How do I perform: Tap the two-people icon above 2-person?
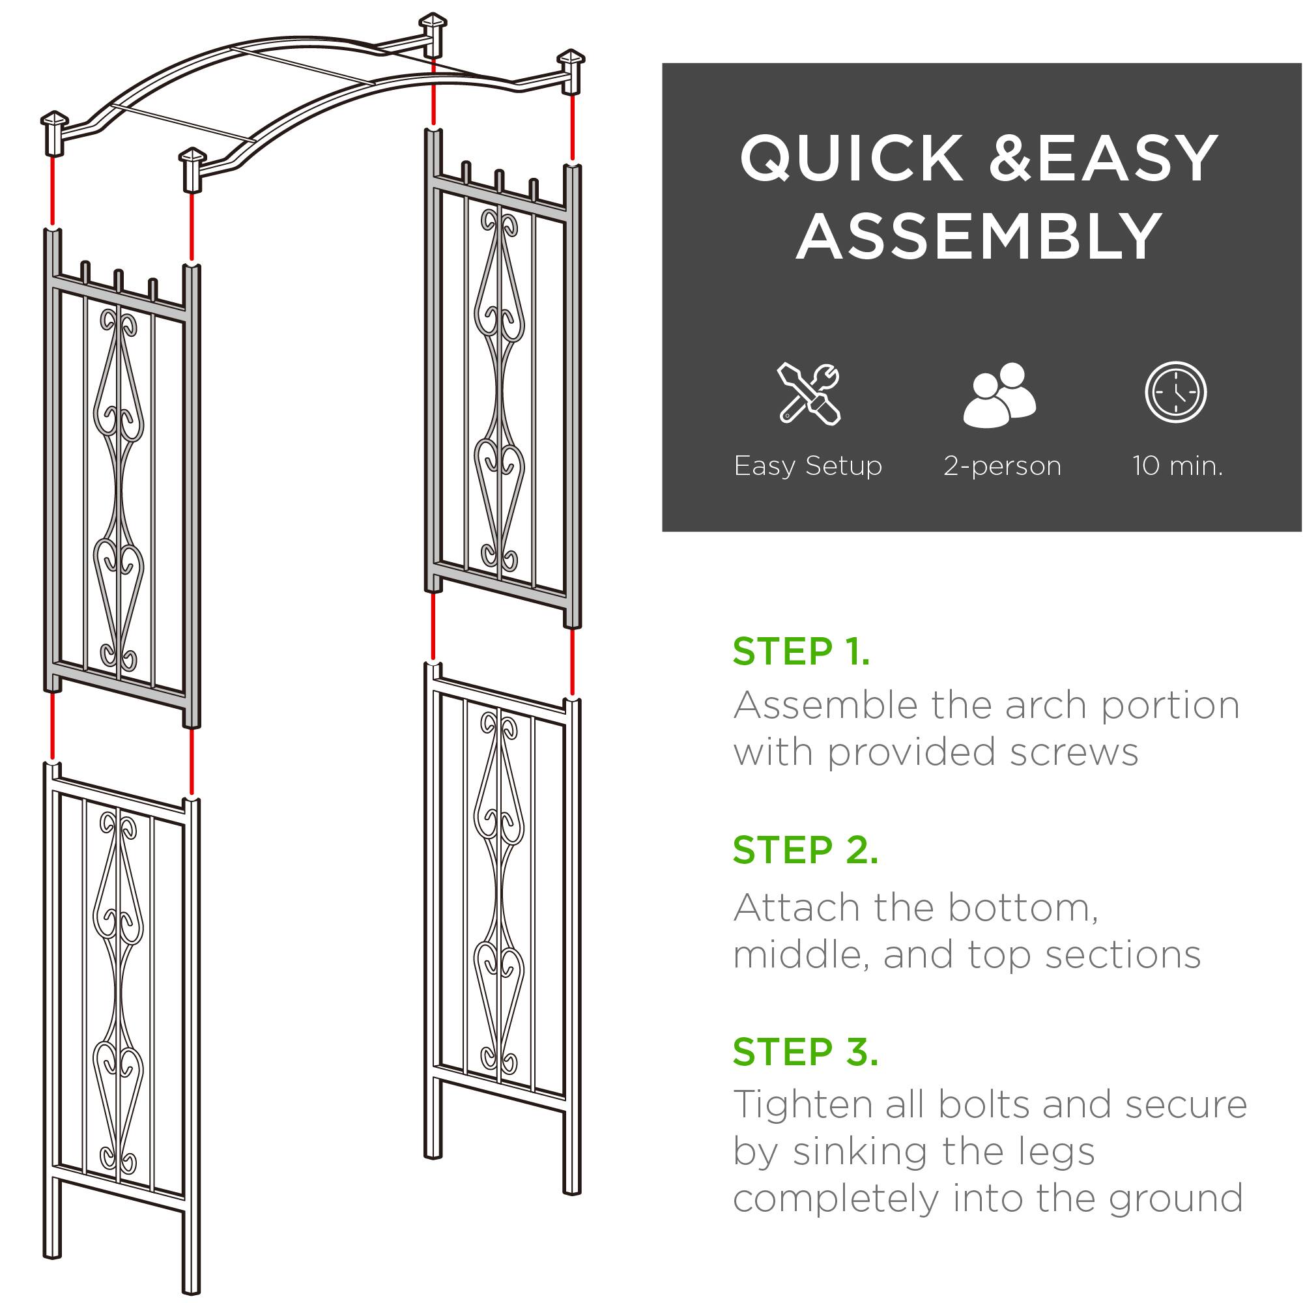click(1001, 395)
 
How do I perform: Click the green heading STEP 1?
click(801, 651)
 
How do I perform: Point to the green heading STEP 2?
click(805, 850)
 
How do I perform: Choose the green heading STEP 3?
click(805, 1052)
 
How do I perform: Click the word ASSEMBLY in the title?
click(979, 236)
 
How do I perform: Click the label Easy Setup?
click(808, 466)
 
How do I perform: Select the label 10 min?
click(1177, 466)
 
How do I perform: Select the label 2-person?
click(1002, 466)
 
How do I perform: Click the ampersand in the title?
click(1011, 159)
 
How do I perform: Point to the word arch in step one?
click(1045, 706)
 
